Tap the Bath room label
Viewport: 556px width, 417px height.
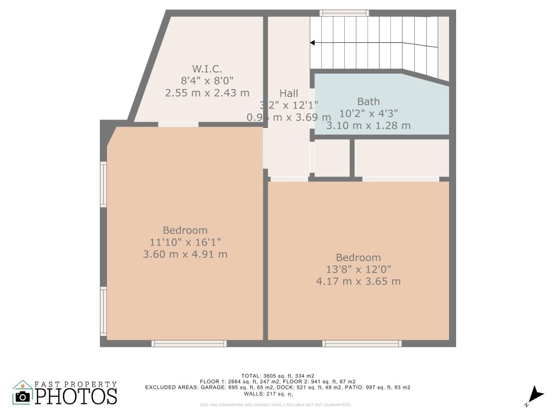(368, 102)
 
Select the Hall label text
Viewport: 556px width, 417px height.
(289, 93)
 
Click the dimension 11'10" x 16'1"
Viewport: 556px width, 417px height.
(185, 242)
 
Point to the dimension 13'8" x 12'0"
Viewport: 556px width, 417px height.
(358, 269)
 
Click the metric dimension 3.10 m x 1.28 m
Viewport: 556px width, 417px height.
(368, 125)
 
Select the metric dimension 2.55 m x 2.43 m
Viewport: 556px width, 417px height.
(207, 93)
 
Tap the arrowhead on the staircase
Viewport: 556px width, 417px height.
(313, 42)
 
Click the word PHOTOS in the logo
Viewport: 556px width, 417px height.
(77, 396)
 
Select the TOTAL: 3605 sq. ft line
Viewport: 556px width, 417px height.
(277, 375)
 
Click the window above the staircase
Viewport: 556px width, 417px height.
(344, 12)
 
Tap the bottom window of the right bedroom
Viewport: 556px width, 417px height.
(362, 343)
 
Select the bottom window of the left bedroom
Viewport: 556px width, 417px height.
(188, 343)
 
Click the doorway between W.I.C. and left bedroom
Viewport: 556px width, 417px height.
(178, 124)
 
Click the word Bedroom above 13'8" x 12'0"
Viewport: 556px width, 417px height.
(358, 257)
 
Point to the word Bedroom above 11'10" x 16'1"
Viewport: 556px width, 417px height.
(185, 230)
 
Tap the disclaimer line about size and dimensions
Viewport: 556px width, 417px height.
(275, 405)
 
